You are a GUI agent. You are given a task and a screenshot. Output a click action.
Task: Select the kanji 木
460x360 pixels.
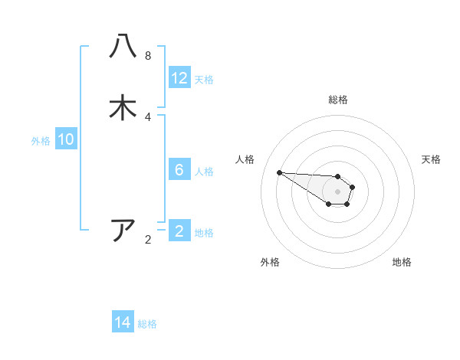(123, 107)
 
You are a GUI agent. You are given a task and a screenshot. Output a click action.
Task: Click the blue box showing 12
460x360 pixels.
(179, 78)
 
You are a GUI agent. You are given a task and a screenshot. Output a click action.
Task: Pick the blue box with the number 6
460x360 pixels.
(179, 170)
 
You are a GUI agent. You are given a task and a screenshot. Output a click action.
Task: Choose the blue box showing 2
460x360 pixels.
(179, 231)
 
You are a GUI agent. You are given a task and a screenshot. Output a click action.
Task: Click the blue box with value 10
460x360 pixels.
(66, 139)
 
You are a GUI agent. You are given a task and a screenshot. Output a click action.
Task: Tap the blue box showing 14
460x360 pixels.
(123, 322)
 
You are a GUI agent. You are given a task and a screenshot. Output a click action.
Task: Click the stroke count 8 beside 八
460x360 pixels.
(148, 55)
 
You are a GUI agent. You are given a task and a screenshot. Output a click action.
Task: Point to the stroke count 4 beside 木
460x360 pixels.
(148, 116)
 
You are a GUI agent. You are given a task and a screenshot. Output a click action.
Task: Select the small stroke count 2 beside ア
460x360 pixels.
(148, 240)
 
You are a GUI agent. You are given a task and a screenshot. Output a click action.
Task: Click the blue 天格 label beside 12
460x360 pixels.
(204, 80)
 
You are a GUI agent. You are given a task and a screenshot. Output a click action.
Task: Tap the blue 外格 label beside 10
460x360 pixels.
(41, 141)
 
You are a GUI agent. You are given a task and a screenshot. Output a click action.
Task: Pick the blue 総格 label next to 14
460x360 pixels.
(147, 324)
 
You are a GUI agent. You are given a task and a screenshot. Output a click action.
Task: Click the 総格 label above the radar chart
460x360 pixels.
(338, 100)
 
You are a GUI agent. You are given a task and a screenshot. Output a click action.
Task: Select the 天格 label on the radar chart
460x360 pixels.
(431, 159)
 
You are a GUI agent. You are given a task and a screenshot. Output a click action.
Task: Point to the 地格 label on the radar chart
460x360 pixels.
(402, 262)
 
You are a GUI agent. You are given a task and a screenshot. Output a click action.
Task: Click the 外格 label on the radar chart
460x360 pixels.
(270, 262)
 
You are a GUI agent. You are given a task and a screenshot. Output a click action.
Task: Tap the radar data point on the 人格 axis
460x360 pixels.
(279, 172)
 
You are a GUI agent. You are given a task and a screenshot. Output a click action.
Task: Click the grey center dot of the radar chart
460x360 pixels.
(337, 191)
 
